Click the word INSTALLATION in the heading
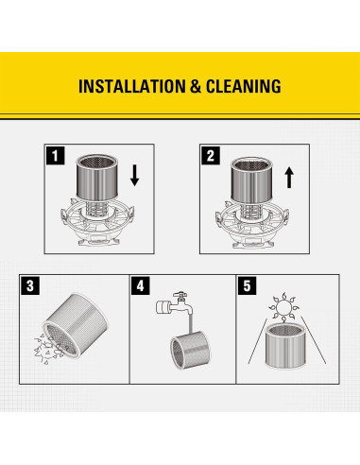tap(132, 86)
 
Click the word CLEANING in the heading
tap(244, 86)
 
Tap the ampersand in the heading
tap(196, 87)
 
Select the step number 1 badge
tap(56, 156)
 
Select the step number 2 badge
tap(211, 156)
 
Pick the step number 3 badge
tap(30, 285)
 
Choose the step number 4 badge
tap(141, 285)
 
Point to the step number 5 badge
tap(247, 285)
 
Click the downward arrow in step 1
tap(135, 176)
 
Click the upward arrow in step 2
tap(289, 178)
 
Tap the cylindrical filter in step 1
tap(97, 177)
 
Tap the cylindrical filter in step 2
tap(251, 180)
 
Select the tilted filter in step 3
tap(75, 324)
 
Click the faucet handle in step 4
tap(180, 295)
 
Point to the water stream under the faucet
tap(190, 325)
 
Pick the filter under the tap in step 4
tap(191, 351)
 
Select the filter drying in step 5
tap(285, 346)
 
